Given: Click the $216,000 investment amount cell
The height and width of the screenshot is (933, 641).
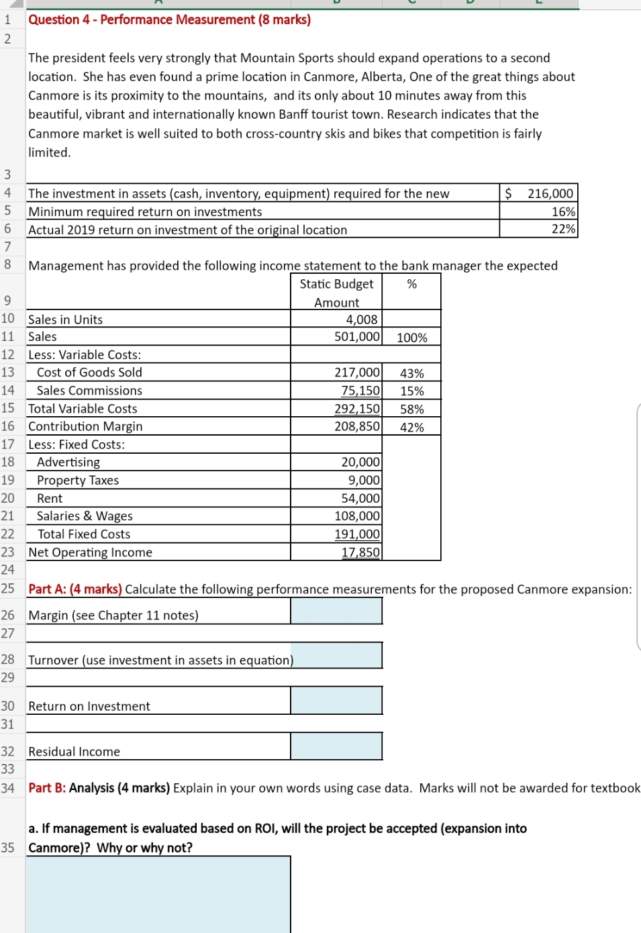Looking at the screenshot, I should point(539,193).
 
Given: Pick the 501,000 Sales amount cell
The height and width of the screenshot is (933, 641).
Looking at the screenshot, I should point(356,336).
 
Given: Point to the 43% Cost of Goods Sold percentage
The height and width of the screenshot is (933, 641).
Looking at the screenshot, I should point(411,373).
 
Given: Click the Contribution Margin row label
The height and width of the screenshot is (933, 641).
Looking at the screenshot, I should point(85,426).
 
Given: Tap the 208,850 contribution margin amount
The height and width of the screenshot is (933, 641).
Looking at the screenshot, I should point(356,426).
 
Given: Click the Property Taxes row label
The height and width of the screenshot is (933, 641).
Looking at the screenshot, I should point(78,480).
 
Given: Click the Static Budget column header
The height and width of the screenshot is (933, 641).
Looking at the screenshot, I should point(336,284).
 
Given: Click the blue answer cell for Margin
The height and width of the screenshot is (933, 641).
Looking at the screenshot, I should point(336,611).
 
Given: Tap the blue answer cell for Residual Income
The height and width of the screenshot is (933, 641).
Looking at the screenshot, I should point(336,746).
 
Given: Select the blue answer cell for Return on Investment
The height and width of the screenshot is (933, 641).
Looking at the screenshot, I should point(336,701).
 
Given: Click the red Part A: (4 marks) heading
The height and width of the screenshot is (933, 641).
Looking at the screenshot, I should point(75,589).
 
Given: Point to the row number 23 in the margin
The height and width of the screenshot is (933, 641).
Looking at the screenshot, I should point(8,552).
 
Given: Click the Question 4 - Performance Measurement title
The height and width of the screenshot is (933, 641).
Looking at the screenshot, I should point(169,19).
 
